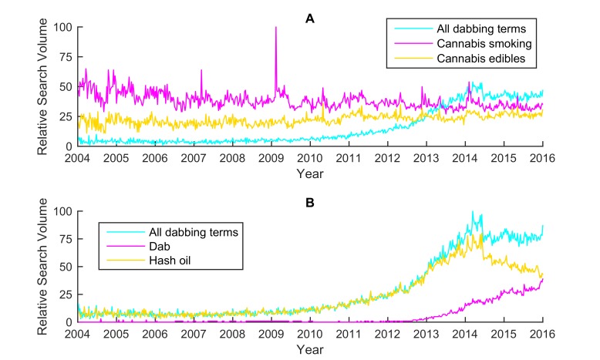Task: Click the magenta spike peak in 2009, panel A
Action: (275, 28)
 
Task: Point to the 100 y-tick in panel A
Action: (62, 28)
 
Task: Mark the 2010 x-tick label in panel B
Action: (309, 334)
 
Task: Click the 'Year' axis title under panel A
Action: (309, 173)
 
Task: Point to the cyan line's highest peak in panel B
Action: (473, 211)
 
